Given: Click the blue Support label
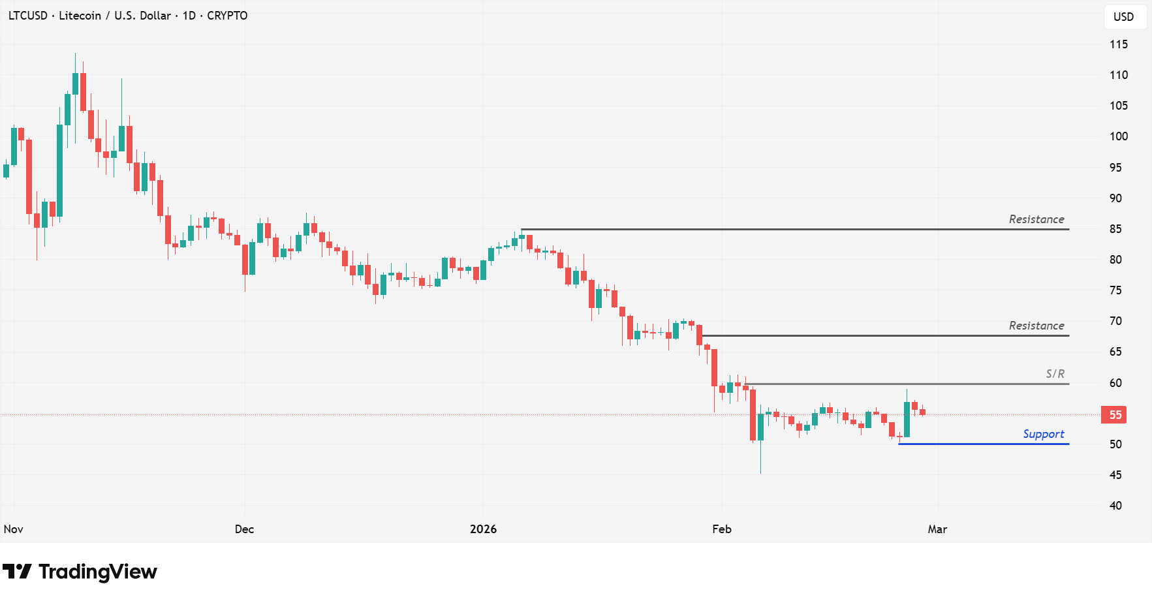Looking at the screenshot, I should click(x=1043, y=434).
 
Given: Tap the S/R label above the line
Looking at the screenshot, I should click(x=1055, y=374).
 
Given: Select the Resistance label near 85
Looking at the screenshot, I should click(x=1036, y=219).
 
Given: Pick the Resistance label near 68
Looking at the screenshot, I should click(x=1036, y=326).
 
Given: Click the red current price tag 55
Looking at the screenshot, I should click(x=1115, y=415).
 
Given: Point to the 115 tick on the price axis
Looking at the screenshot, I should click(x=1118, y=44).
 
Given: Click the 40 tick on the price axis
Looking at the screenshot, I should click(x=1115, y=506).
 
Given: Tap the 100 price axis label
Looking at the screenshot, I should click(x=1118, y=136).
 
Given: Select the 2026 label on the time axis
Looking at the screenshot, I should click(x=483, y=529).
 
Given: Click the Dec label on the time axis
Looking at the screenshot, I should click(x=244, y=529).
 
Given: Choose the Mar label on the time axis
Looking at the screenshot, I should click(x=937, y=529).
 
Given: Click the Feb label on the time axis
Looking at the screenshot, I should click(x=721, y=529).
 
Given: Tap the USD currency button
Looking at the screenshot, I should click(x=1123, y=17).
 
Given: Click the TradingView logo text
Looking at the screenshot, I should click(x=97, y=572).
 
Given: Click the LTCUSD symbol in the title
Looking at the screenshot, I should click(x=28, y=16).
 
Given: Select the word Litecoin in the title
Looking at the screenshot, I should click(x=80, y=16).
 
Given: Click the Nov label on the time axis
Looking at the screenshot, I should click(x=14, y=529).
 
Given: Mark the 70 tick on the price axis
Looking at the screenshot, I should click(x=1115, y=321).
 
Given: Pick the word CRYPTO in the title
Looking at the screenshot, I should click(x=227, y=16).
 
